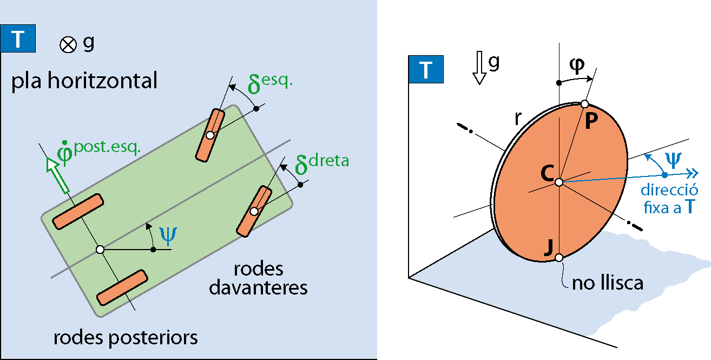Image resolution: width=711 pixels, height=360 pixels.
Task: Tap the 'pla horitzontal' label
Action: click(x=84, y=81)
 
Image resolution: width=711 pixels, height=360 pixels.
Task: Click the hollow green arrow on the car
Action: click(x=59, y=174)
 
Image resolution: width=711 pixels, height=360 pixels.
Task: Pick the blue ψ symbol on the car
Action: click(x=169, y=234)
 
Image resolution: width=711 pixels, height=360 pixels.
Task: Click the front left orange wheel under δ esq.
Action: click(x=210, y=135)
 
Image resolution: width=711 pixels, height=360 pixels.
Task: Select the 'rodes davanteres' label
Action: click(x=258, y=278)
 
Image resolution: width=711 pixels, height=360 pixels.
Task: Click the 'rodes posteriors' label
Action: click(x=126, y=338)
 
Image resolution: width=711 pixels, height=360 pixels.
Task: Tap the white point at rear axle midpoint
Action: click(x=100, y=250)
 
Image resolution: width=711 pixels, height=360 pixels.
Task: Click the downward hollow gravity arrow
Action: click(x=479, y=70)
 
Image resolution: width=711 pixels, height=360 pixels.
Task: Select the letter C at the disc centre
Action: click(x=547, y=173)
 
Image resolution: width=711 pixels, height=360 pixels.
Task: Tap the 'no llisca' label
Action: click(x=608, y=283)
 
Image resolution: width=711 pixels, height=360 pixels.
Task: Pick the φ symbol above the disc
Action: click(x=577, y=66)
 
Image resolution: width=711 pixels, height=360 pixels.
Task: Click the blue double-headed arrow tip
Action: click(x=694, y=173)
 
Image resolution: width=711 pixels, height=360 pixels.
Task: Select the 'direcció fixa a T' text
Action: click(x=669, y=198)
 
